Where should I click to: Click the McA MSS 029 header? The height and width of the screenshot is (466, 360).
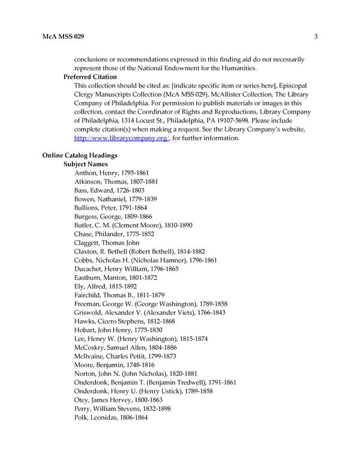pos(63,37)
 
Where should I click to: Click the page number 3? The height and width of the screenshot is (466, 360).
pos(315,37)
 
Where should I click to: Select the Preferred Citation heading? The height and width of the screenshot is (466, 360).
pos(90,77)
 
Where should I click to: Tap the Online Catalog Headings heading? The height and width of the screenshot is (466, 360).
pos(79,155)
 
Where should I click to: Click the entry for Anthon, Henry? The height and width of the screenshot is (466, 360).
pos(112,172)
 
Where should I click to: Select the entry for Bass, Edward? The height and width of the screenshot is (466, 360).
pos(109,190)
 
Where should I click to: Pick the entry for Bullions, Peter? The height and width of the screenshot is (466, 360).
pos(110,207)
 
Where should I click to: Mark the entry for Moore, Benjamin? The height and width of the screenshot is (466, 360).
pos(112,364)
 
